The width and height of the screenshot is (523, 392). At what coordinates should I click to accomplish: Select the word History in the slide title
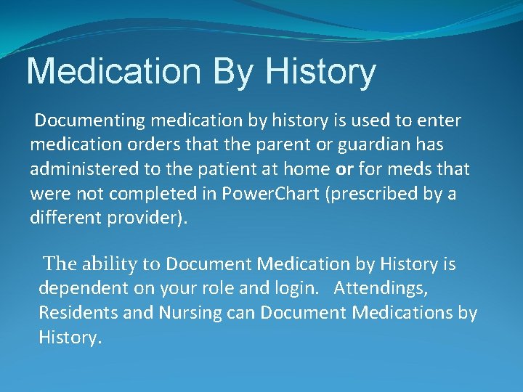click(x=321, y=71)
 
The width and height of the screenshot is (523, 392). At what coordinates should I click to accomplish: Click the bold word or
click(x=344, y=169)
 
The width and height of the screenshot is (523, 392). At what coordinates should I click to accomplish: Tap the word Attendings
click(x=381, y=289)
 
